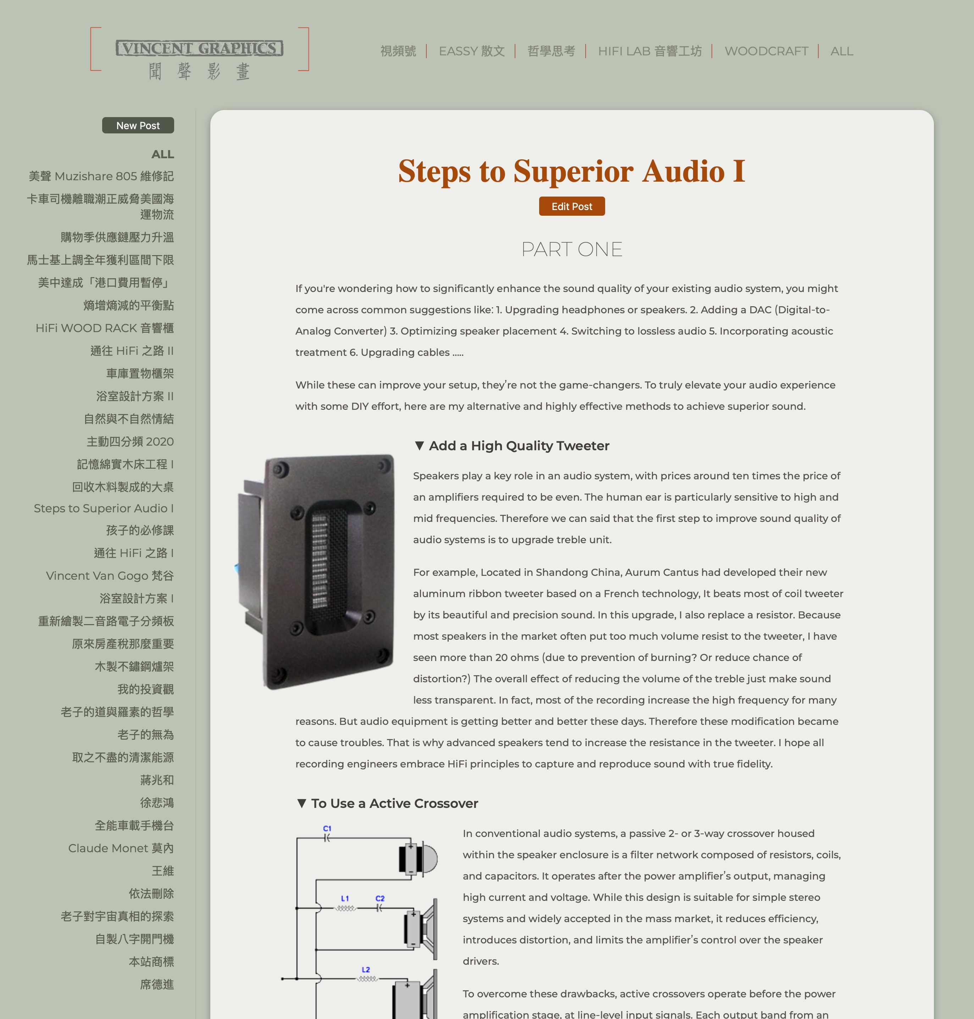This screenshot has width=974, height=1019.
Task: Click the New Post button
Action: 138,125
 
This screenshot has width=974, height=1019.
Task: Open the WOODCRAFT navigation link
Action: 766,51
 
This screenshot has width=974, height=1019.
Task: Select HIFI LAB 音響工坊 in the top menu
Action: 649,51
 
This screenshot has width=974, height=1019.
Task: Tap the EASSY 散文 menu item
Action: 471,51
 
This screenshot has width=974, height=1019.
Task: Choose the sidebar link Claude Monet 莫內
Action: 121,848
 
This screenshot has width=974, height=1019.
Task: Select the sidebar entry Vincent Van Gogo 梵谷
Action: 110,575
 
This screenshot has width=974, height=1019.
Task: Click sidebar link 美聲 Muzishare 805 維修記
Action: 101,176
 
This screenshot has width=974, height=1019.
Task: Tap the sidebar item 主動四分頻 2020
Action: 130,441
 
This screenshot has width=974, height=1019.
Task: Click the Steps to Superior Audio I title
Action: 572,171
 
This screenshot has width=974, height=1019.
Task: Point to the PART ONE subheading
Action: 572,249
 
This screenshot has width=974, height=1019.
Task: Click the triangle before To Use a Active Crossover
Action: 301,803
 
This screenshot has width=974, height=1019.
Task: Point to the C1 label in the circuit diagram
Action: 327,828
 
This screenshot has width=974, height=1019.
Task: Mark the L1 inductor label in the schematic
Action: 345,898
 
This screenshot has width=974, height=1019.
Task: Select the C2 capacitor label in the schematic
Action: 380,898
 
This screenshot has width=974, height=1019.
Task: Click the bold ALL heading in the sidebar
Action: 162,154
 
